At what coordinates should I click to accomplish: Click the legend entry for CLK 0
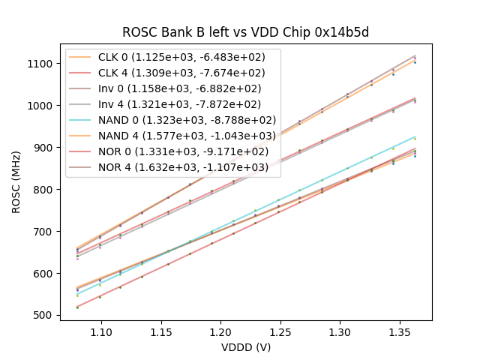tap(187, 57)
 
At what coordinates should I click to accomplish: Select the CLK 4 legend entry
tap(187, 73)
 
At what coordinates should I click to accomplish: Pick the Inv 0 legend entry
tap(187, 88)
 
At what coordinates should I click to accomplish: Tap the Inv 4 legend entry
tap(187, 104)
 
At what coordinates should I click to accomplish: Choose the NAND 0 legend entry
tap(187, 120)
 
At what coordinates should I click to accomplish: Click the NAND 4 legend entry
tap(187, 136)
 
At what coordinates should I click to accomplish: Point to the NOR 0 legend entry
tap(187, 151)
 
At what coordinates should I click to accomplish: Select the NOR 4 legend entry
tap(187, 167)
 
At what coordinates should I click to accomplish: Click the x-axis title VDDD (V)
tap(246, 347)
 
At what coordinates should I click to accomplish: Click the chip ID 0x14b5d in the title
tap(342, 32)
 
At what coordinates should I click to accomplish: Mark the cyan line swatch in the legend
tap(81, 120)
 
